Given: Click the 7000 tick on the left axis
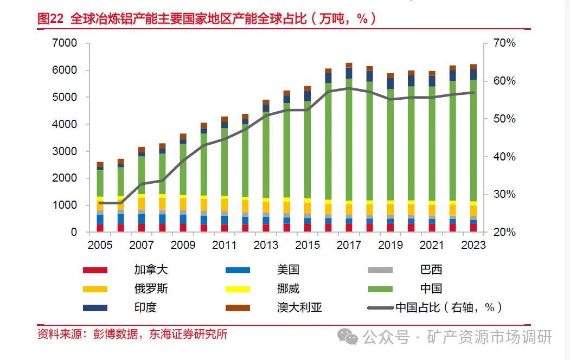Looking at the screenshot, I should (x=65, y=43).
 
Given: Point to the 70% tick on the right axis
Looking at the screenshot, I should (x=502, y=43).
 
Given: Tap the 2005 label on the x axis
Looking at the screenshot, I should (x=100, y=245).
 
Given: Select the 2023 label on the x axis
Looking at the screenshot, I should (x=473, y=245).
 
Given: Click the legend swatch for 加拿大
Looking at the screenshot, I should (x=95, y=270).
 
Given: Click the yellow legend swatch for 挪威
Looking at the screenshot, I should (x=238, y=289).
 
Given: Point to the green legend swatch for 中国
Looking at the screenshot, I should (x=380, y=289).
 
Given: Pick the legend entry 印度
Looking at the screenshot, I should (x=146, y=307).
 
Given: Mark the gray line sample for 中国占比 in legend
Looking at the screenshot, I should (x=380, y=308).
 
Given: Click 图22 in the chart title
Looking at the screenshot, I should (x=50, y=19).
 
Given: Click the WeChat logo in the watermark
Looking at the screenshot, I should (x=348, y=337).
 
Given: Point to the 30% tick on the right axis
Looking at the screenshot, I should (x=502, y=194).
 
